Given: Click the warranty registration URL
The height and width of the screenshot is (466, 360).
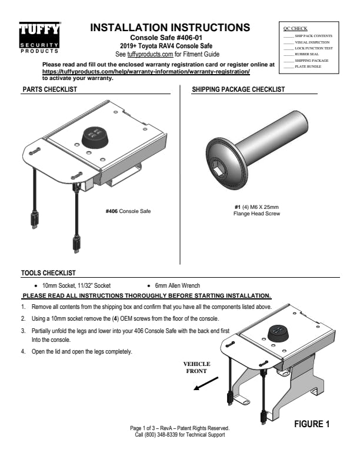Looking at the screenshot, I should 146,71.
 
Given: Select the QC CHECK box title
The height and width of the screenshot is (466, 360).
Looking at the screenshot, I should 295,28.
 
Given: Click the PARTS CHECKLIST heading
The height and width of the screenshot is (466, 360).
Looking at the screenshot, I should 49,90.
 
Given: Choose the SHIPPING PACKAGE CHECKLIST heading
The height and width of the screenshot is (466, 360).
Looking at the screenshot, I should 238,90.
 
